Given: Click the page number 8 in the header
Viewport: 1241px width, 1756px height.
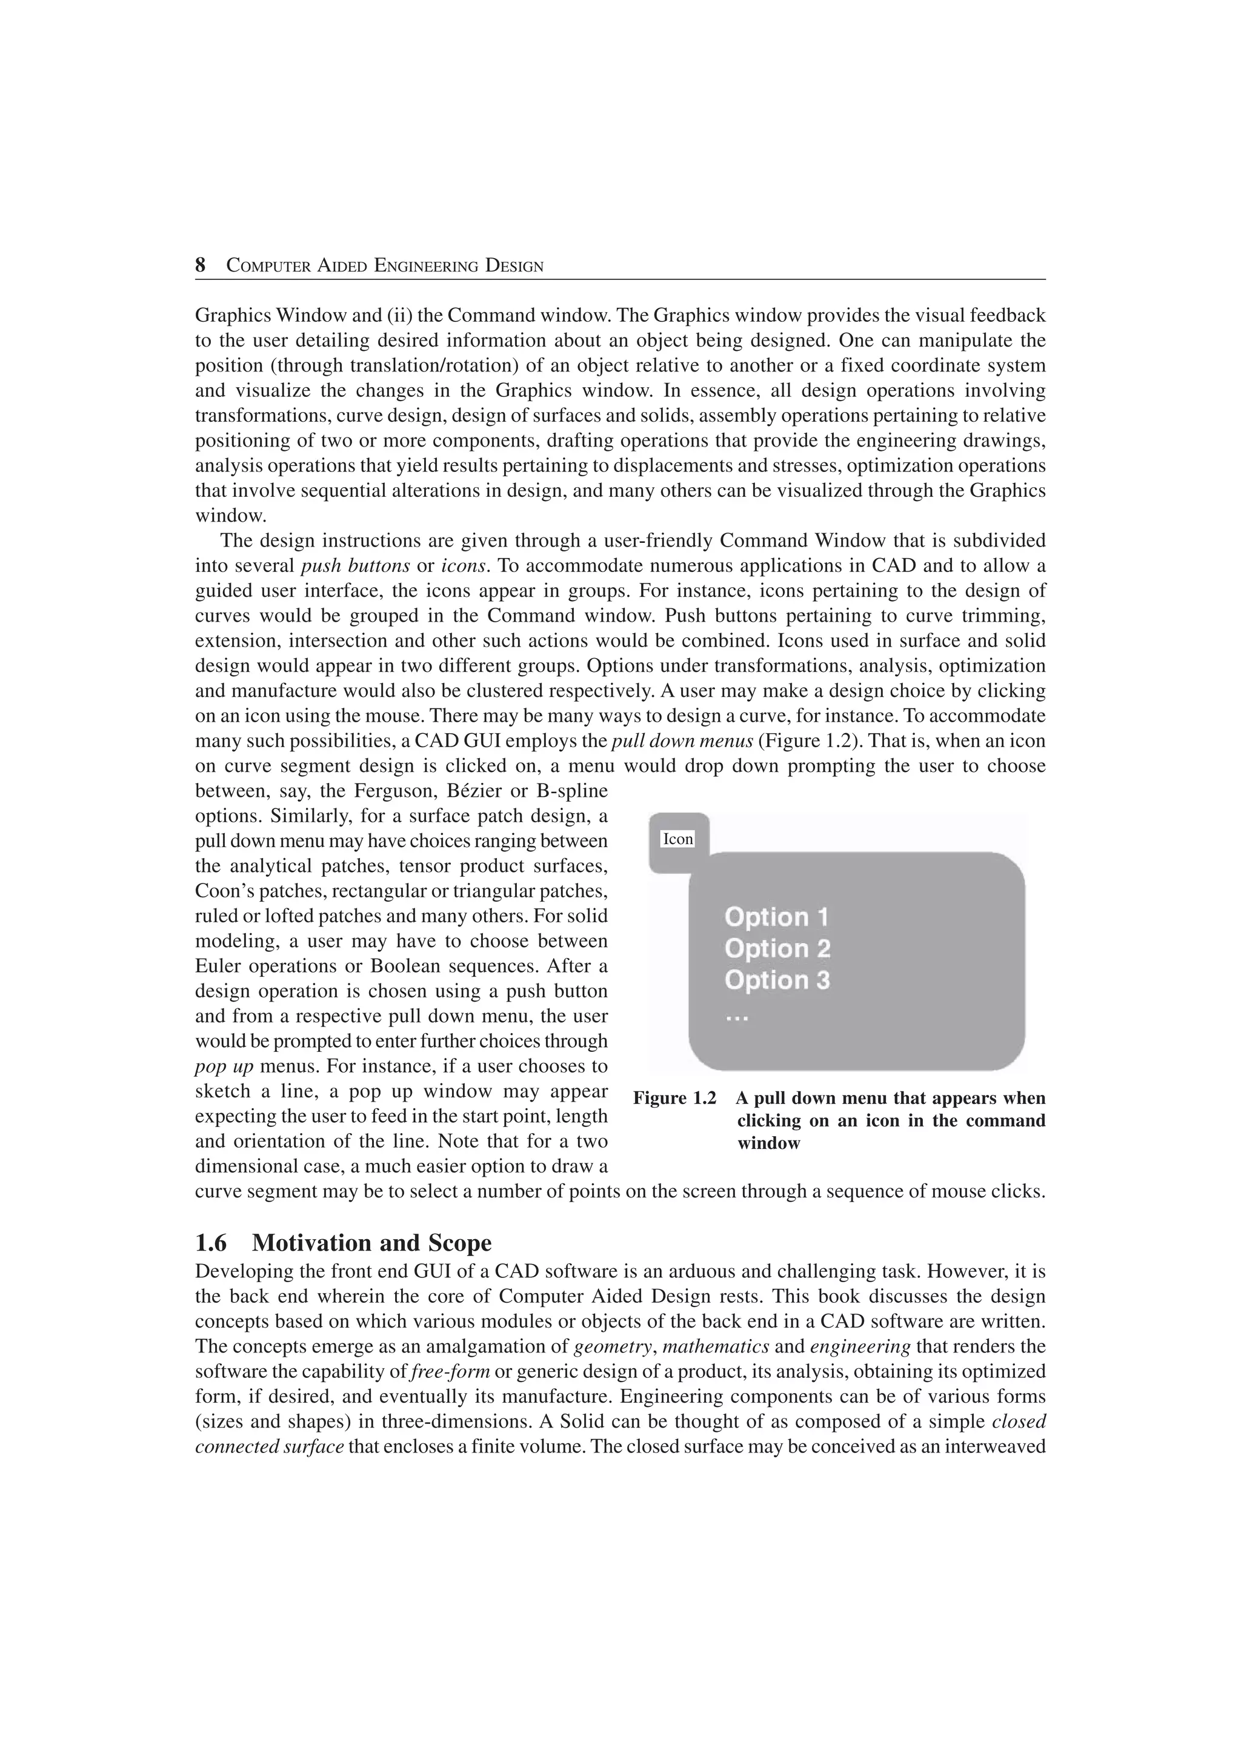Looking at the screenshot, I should pyautogui.click(x=201, y=265).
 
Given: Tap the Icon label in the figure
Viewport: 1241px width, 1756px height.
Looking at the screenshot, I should pyautogui.click(x=677, y=839).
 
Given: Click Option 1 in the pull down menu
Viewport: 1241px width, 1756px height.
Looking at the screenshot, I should pyautogui.click(x=776, y=917).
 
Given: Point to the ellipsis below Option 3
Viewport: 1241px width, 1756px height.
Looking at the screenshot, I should pyautogui.click(x=736, y=1018).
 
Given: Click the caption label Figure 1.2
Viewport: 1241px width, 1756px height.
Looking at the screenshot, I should pyautogui.click(x=674, y=1099).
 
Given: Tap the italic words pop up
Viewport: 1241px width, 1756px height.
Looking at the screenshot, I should pyautogui.click(x=224, y=1066).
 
